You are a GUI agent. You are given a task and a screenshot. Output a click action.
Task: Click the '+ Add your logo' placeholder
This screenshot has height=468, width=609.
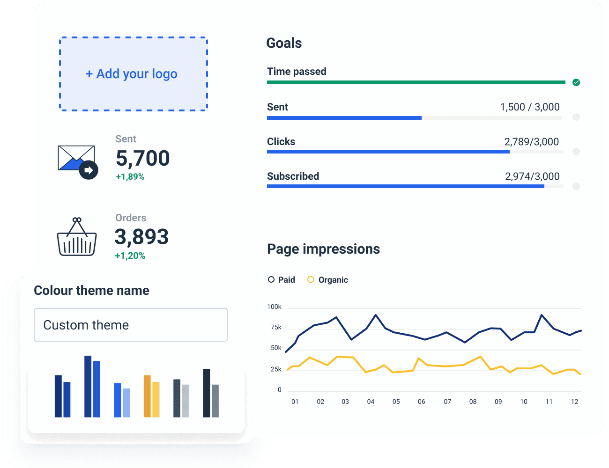coord(134,74)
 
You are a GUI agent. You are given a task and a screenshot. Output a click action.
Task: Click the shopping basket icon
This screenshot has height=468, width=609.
coord(77,237)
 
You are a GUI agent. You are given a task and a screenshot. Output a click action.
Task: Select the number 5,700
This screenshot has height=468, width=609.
coord(142,158)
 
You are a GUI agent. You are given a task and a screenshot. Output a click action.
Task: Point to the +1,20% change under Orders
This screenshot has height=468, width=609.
coord(130,256)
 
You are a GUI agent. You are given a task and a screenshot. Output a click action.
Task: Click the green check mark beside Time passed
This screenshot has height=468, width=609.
coord(576,82)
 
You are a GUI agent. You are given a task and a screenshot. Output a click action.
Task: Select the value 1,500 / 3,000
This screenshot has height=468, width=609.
coord(529,107)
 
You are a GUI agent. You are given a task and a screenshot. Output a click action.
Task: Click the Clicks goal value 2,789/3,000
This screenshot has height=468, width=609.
coord(531,142)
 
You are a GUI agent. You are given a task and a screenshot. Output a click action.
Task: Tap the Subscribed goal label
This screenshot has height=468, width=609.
coord(293,176)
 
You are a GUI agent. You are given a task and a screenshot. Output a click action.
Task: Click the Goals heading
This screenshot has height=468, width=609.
coord(284,43)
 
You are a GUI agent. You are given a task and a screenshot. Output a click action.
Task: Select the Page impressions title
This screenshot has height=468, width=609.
coord(323,249)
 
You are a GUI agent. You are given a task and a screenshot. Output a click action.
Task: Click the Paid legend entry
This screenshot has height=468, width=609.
coord(282,280)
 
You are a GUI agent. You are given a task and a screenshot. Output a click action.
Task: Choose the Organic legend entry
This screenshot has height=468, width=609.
coord(328,280)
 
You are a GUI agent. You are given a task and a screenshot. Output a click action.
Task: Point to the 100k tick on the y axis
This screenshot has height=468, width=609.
coord(274,307)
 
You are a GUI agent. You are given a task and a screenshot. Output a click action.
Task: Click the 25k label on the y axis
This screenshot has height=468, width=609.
coord(276,369)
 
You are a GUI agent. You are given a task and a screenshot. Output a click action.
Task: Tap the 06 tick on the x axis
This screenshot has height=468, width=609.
coord(422,402)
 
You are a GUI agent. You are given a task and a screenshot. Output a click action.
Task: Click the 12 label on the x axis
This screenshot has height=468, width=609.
coord(574,402)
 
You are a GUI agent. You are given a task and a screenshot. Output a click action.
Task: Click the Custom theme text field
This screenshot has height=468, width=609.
coord(131,325)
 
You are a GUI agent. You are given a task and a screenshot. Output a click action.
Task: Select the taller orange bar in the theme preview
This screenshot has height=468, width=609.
coord(147,396)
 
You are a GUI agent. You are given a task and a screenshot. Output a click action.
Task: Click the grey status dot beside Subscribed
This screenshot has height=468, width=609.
coord(576,186)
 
